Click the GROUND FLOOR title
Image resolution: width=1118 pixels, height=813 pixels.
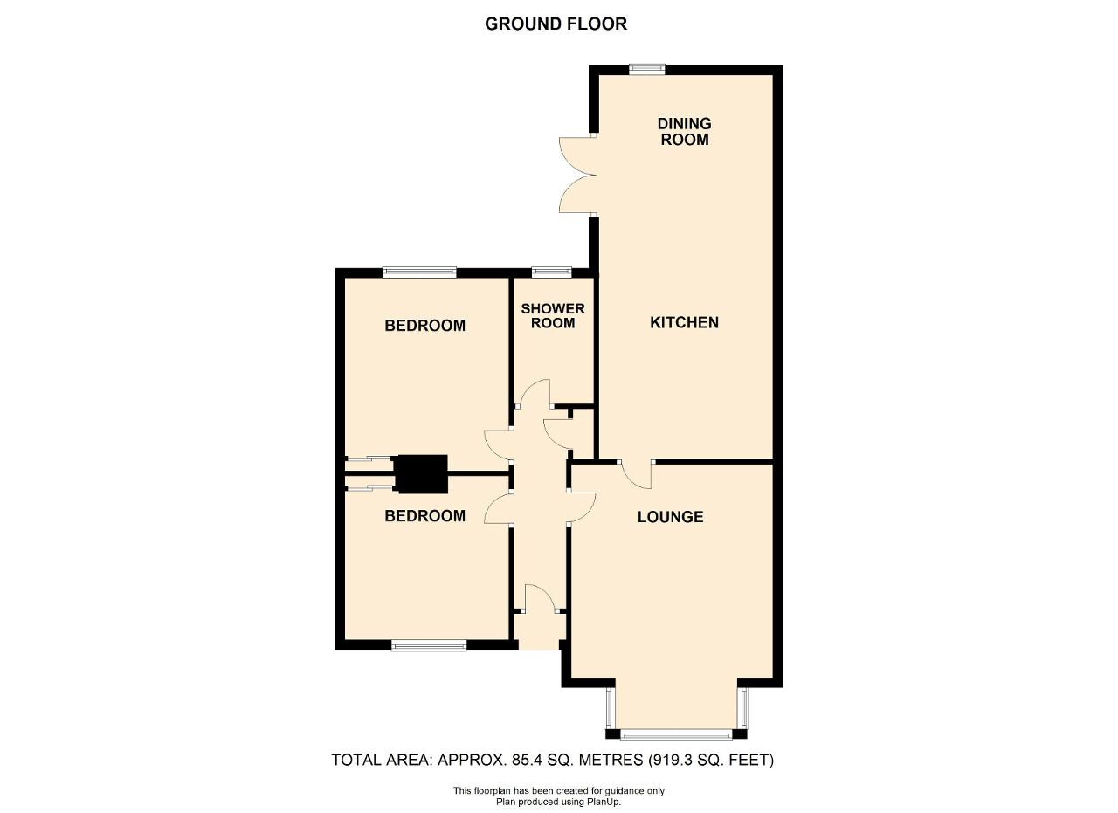click(x=556, y=24)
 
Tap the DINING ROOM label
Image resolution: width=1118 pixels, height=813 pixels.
click(x=684, y=131)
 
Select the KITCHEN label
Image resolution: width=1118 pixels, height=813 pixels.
click(x=684, y=322)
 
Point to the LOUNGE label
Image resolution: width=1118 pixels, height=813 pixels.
click(x=670, y=517)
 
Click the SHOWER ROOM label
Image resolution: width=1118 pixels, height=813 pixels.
click(x=553, y=316)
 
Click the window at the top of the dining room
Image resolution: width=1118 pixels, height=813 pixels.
click(x=647, y=69)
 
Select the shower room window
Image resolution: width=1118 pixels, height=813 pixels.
click(x=551, y=272)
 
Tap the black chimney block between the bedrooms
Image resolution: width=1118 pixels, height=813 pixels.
click(x=422, y=474)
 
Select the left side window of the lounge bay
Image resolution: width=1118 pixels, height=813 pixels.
click(x=609, y=708)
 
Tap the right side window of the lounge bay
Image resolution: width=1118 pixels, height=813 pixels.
click(x=743, y=708)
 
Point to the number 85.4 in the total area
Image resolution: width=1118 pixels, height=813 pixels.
click(x=528, y=760)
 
